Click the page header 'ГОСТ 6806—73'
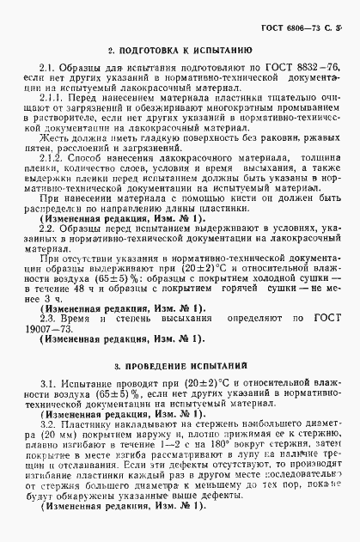(287, 17)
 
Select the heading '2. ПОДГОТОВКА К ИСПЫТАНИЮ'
(180, 52)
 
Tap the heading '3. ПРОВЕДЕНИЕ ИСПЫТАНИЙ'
(180, 364)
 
